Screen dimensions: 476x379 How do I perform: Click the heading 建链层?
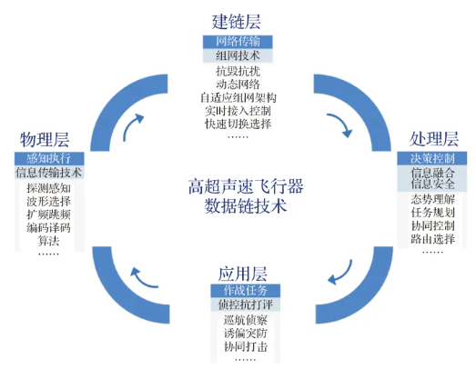236,22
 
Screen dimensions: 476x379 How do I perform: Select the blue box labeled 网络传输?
238,42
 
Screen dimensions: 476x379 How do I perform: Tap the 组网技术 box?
238,55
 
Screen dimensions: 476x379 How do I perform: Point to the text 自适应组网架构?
238,97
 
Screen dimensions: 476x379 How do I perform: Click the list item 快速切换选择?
238,124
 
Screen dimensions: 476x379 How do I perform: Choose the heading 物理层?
45,139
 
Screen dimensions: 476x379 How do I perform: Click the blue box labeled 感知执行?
49,158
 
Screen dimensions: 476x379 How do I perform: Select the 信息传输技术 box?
49,172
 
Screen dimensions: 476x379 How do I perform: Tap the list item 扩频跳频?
48,214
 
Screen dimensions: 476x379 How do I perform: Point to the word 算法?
48,241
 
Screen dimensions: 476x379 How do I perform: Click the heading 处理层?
434,139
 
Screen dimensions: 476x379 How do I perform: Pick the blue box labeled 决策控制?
432,158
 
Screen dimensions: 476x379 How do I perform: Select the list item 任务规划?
433,213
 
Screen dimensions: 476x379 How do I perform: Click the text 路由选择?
433,239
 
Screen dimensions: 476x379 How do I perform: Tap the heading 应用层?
243,274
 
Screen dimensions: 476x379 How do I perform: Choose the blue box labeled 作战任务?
246,291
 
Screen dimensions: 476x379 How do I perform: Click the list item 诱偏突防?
246,334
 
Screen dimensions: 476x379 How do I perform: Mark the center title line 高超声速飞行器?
246,186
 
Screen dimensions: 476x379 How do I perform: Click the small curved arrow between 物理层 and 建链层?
132,126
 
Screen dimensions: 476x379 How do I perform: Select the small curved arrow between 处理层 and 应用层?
341,274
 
